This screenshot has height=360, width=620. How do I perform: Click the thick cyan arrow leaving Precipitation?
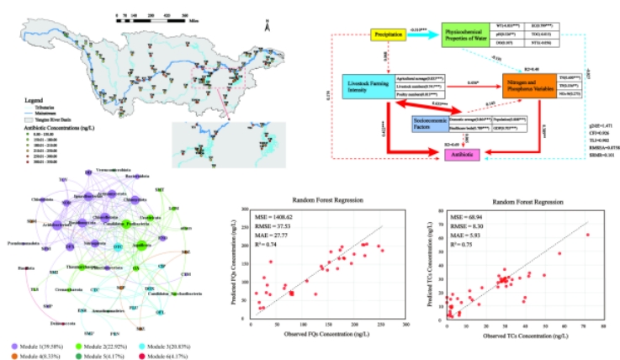click(421, 35)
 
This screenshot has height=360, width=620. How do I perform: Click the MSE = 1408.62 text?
click(278, 215)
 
